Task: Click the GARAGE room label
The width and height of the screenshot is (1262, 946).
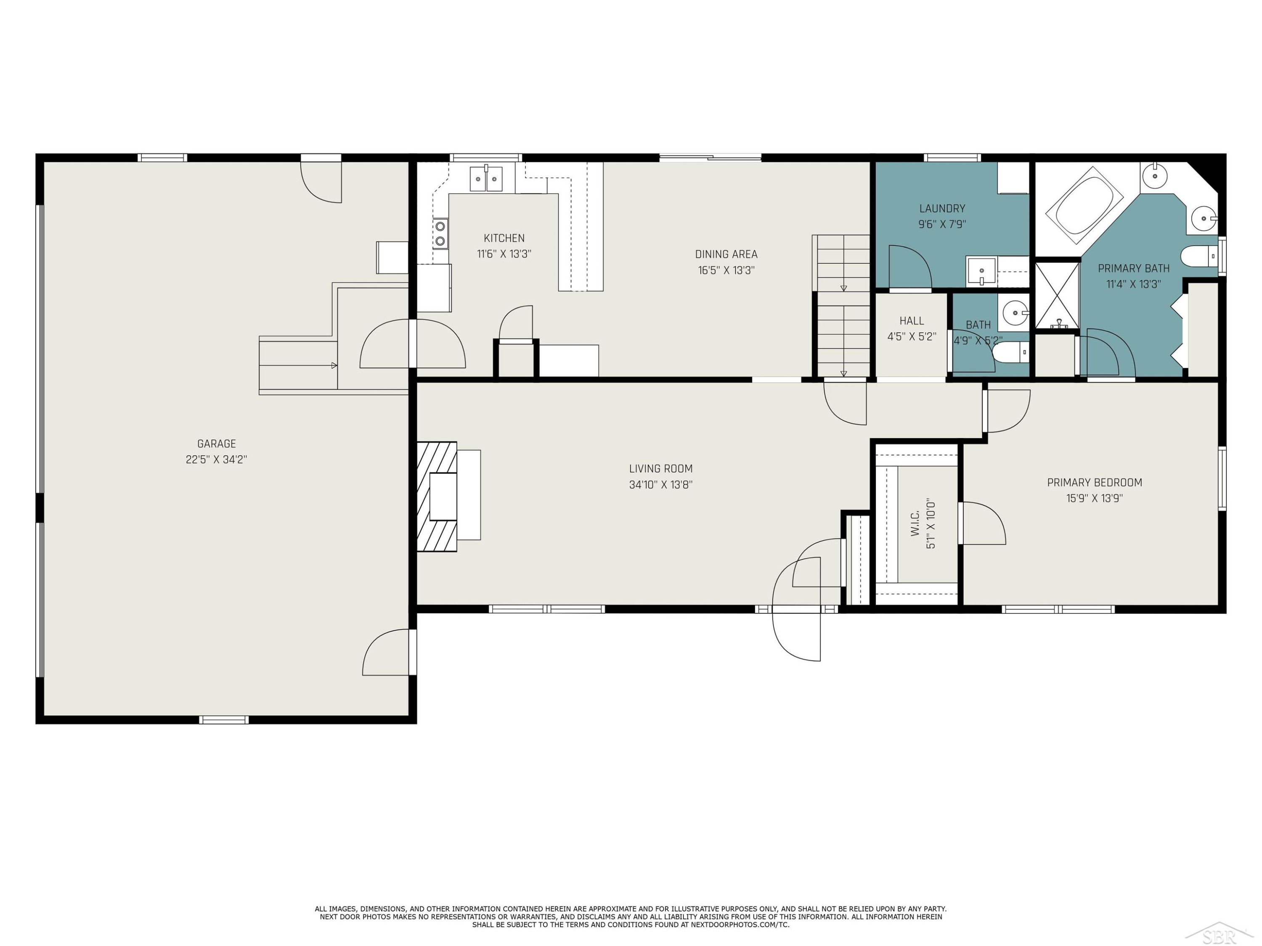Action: (x=216, y=444)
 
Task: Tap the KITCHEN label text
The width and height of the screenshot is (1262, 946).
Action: (x=504, y=238)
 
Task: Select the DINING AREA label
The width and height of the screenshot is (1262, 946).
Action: (x=726, y=254)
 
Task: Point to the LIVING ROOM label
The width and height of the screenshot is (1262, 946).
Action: (x=661, y=469)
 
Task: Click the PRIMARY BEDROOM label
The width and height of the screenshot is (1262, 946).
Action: (x=1094, y=482)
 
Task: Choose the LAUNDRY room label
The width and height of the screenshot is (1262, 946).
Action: (x=942, y=209)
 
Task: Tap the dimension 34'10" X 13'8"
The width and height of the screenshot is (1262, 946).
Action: (x=661, y=485)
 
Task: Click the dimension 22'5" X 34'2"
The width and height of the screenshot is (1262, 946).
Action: (x=216, y=460)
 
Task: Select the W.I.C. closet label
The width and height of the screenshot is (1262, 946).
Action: (x=915, y=523)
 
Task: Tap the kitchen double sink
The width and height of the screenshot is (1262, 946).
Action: (x=486, y=179)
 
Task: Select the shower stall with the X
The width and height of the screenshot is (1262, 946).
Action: (x=1057, y=296)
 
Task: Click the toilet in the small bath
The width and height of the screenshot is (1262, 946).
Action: (x=1010, y=352)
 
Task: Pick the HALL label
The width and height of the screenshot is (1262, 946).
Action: (x=912, y=321)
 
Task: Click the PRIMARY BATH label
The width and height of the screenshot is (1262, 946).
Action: (x=1134, y=269)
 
